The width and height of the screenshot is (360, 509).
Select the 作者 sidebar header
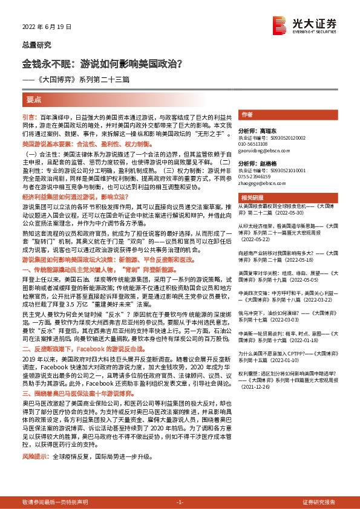(x=246, y=115)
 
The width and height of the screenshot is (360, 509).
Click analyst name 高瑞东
(x=266, y=130)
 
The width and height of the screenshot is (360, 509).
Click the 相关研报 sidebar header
(x=250, y=198)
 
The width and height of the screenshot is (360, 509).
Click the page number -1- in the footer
(x=180, y=502)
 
